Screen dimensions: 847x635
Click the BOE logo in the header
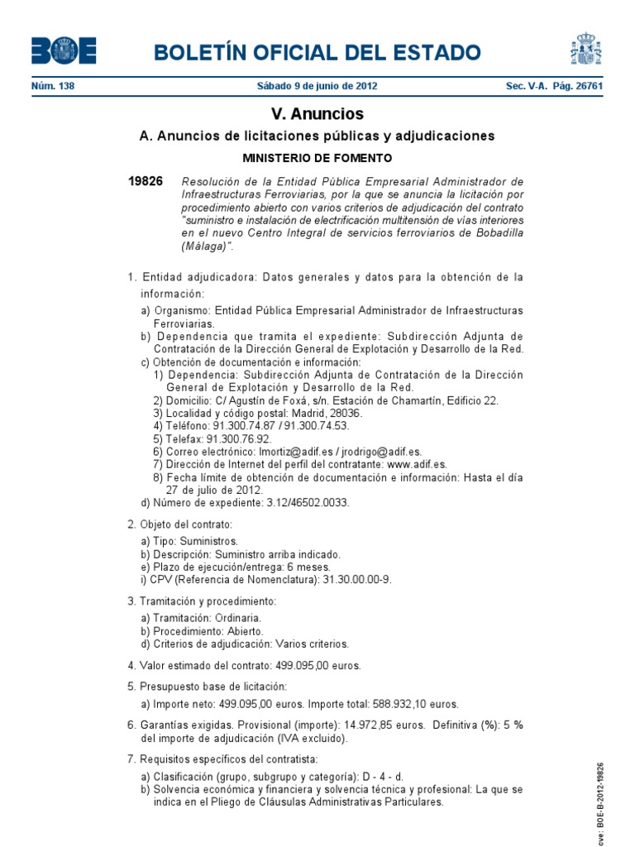pos(64,51)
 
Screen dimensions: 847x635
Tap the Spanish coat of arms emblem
pos(585,49)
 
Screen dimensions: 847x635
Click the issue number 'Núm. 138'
pos(53,86)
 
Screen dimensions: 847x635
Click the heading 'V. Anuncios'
pos(317,113)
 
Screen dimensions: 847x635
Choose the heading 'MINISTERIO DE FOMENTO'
pos(317,157)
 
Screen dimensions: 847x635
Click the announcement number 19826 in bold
pos(146,181)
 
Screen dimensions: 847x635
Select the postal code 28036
pos(345,413)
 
